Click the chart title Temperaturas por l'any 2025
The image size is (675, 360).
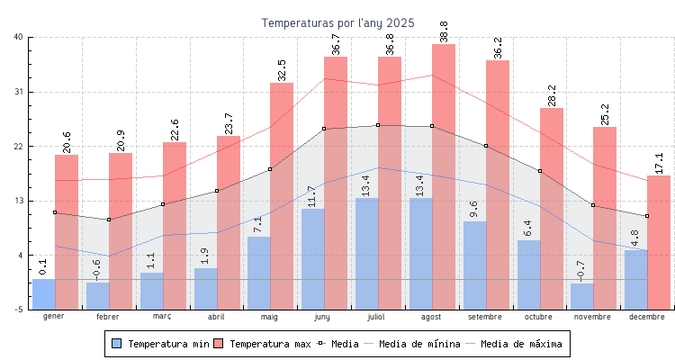pos(337,22)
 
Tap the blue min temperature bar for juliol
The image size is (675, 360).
pos(367,252)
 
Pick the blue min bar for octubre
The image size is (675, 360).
pos(529,274)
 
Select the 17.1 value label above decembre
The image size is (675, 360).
pos(659,163)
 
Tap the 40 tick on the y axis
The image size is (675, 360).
pos(19,37)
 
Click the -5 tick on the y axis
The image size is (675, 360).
pos(19,310)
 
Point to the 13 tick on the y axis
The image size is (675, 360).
pos(19,201)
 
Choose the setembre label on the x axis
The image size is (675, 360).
pos(486,318)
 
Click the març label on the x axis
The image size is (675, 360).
pos(162,318)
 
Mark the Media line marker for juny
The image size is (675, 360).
pos(324,129)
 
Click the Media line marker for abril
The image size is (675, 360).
pos(216,191)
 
